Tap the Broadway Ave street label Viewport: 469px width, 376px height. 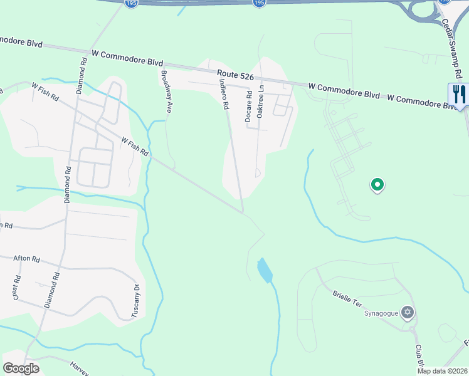pyautogui.click(x=166, y=91)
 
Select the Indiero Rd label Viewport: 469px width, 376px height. pyautogui.click(x=223, y=94)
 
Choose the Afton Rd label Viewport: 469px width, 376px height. pyautogui.click(x=27, y=259)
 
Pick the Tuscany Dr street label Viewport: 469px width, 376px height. pyautogui.click(x=135, y=301)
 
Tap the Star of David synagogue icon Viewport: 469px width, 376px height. pyautogui.click(x=408, y=312)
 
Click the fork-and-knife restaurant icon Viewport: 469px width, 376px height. pyautogui.click(x=459, y=95)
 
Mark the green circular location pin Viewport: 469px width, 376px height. pyautogui.click(x=377, y=185)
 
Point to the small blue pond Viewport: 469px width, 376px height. pyautogui.click(x=265, y=271)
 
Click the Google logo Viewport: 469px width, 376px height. pyautogui.click(x=21, y=368)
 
